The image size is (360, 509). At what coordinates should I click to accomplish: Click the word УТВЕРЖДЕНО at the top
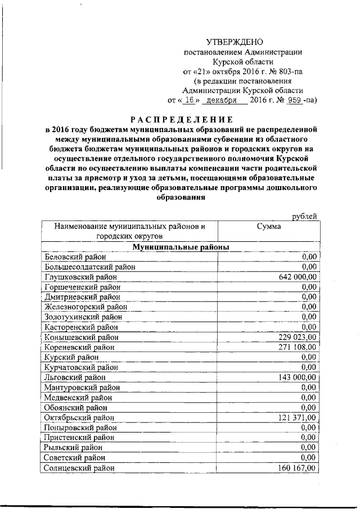pos(235,42)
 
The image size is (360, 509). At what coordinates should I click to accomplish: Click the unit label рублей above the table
pos(304,217)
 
